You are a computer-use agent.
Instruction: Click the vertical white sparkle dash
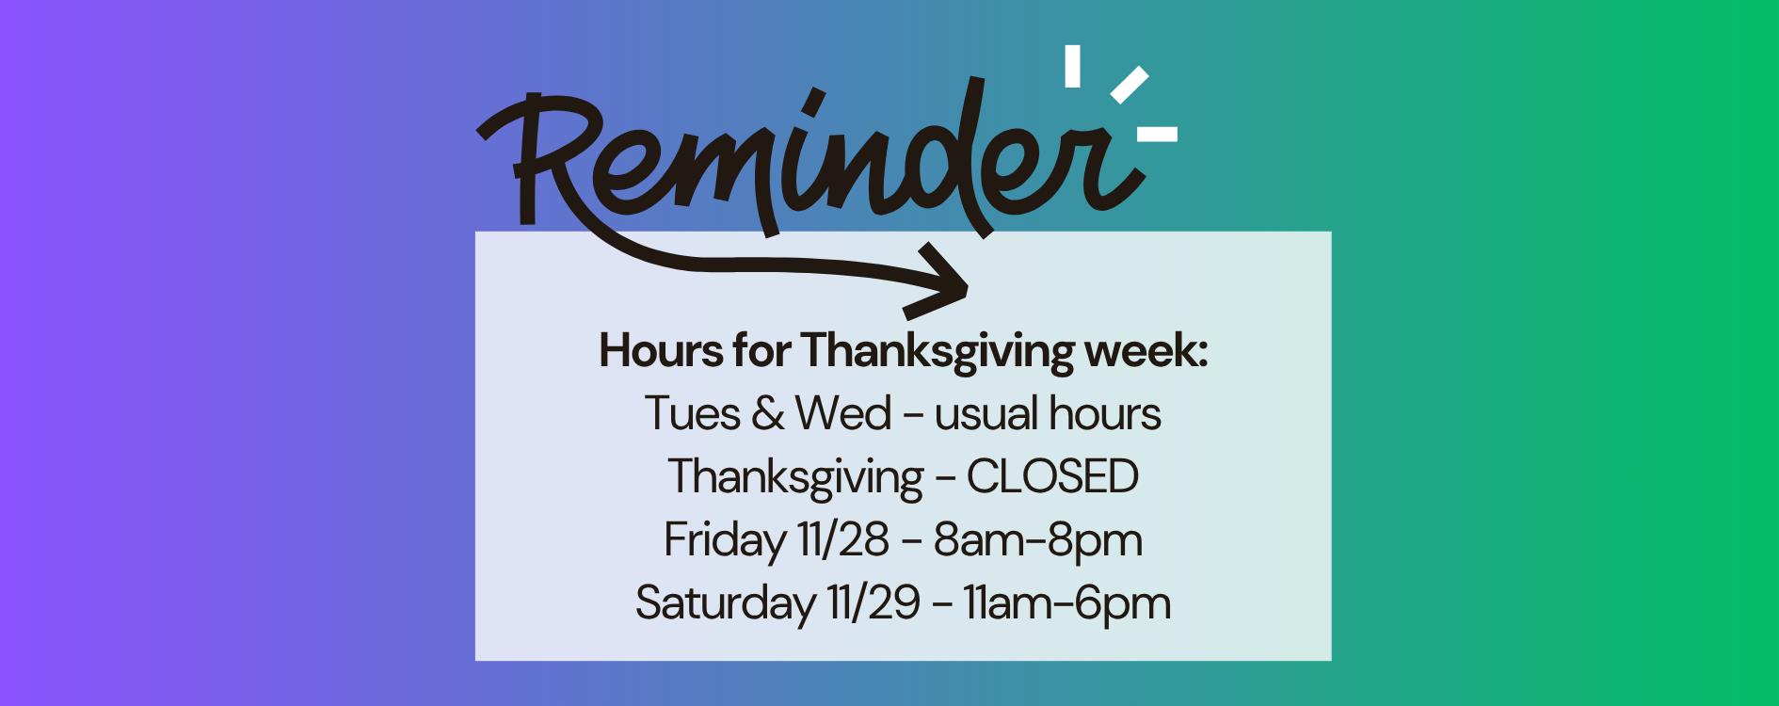[x=1072, y=65]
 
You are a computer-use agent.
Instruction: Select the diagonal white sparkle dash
[x=1130, y=85]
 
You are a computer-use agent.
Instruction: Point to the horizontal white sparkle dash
[x=1157, y=135]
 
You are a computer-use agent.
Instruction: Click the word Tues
[x=692, y=413]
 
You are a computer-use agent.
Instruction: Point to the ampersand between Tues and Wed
[x=767, y=414]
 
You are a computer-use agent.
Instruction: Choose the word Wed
[x=843, y=413]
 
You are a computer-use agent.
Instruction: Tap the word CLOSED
[x=1052, y=476]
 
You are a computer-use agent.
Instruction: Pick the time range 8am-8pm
[x=1037, y=541]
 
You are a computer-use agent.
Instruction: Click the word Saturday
[x=725, y=604]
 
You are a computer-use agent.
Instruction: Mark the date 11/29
[x=873, y=603]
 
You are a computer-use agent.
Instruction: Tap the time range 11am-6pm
[x=1067, y=604]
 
